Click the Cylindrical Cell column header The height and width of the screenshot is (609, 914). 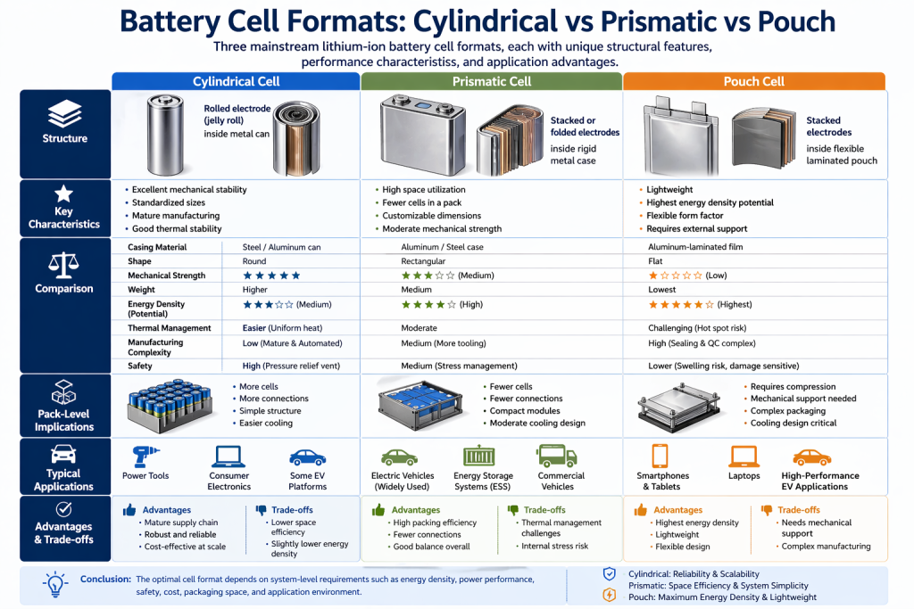point(236,81)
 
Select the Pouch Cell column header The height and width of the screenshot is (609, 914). point(753,81)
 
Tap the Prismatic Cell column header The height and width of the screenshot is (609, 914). point(491,81)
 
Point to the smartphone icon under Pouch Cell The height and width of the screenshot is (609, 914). point(661,457)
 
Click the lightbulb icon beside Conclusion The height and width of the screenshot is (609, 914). point(55,585)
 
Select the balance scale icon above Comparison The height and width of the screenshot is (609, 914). point(64,265)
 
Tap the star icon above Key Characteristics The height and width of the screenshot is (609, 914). point(64,193)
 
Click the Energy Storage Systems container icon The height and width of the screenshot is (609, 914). point(483,456)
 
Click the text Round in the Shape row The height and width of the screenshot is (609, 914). point(254,261)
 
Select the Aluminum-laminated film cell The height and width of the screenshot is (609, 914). point(695,247)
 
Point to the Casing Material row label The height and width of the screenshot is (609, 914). point(157,247)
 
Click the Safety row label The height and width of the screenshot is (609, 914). point(140,366)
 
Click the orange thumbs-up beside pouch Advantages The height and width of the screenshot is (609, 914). point(640,510)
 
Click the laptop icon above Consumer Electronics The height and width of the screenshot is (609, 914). point(228,457)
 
